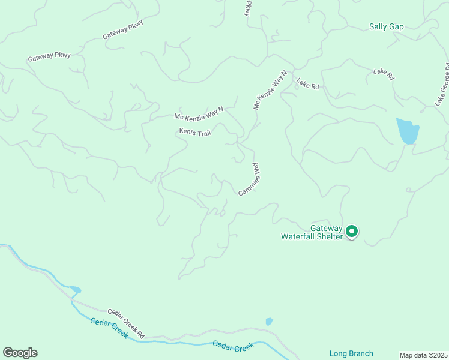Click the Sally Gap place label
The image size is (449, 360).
pyautogui.click(x=386, y=27)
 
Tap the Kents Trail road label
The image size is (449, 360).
pyautogui.click(x=194, y=132)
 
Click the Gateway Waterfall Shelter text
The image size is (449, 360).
pyautogui.click(x=312, y=232)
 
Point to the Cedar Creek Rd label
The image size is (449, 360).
pyautogui.click(x=126, y=322)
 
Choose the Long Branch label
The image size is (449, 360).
pyautogui.click(x=351, y=353)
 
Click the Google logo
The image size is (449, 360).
pyautogui.click(x=20, y=353)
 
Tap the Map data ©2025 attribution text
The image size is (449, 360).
pyautogui.click(x=423, y=355)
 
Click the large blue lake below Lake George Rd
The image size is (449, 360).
pyautogui.click(x=407, y=131)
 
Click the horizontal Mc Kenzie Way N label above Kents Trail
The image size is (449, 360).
pyautogui.click(x=199, y=113)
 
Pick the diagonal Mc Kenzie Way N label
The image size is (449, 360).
pyautogui.click(x=270, y=90)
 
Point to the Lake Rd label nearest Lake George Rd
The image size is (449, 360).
pyautogui.click(x=383, y=74)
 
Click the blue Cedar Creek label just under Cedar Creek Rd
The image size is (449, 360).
pyautogui.click(x=109, y=329)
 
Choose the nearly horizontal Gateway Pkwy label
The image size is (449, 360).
pyautogui.click(x=49, y=57)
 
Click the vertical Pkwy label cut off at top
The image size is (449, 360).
pyautogui.click(x=247, y=8)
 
